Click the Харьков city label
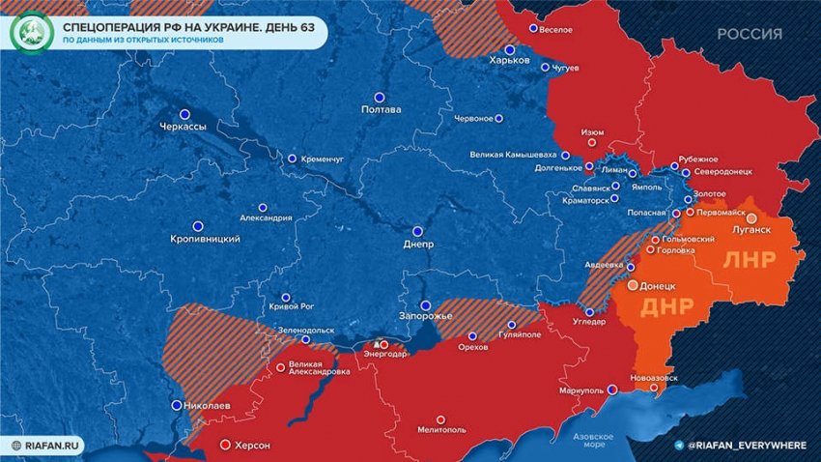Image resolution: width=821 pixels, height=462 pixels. point(510,60)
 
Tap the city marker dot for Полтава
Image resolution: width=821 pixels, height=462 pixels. point(380,97)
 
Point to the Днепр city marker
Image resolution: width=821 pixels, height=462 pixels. point(417,231)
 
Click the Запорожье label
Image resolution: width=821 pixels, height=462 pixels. point(426,316)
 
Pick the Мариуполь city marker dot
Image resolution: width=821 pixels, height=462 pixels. point(610,390)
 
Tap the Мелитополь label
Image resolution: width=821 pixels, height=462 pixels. point(440,431)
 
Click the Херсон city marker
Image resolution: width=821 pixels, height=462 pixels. point(225,445)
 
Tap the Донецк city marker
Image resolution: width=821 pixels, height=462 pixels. point(633,286)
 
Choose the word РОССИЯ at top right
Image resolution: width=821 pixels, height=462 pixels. point(750,34)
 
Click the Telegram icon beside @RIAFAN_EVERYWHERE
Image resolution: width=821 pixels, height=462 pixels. point(681,444)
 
